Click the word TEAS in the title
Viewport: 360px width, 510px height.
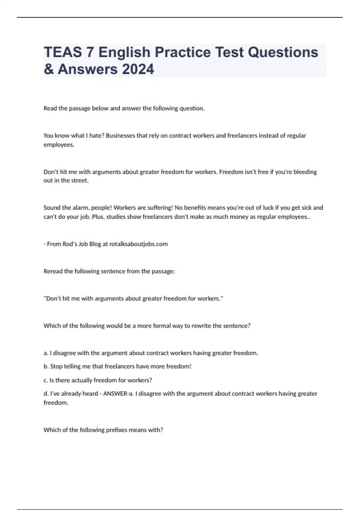63,52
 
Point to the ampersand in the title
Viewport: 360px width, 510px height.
48,69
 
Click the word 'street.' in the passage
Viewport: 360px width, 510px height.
79,181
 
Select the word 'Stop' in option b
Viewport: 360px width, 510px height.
56,366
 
